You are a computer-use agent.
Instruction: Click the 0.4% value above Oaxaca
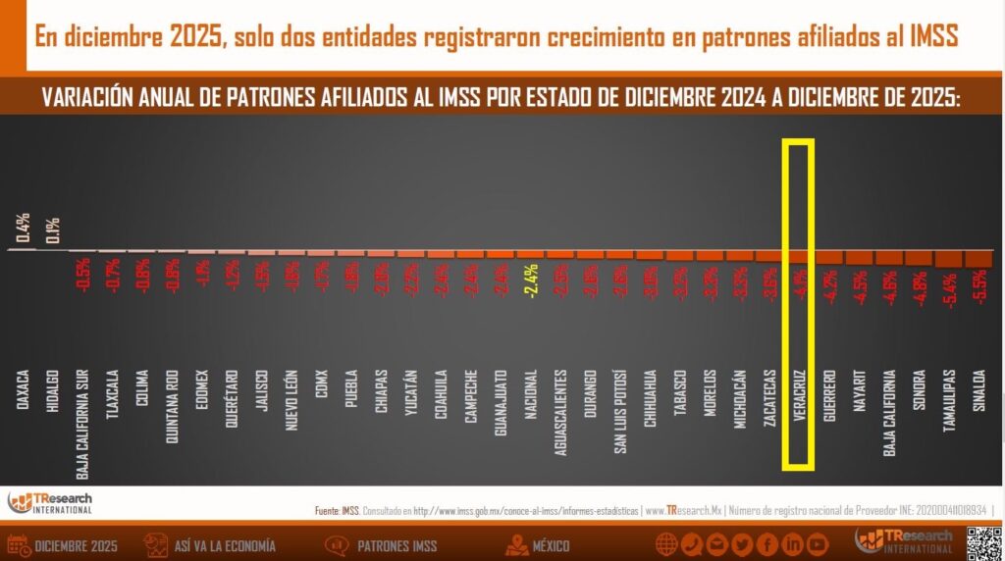point(23,228)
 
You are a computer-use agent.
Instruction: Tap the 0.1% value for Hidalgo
point(53,229)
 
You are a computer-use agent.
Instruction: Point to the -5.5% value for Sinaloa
point(978,288)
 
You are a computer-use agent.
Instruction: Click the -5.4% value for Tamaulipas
point(948,288)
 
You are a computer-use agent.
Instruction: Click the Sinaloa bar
point(978,258)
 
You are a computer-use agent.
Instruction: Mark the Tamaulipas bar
point(948,258)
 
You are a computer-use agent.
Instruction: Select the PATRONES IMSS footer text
point(397,545)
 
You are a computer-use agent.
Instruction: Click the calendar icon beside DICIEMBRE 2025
point(17,545)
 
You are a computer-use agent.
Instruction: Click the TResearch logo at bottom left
point(50,502)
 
